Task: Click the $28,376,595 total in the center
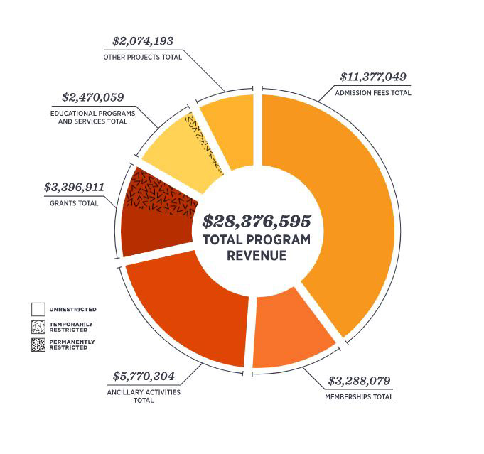tap(257, 221)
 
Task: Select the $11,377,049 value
tap(372, 77)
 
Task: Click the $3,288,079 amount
tap(359, 381)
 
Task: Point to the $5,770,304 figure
tap(144, 376)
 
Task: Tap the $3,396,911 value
tap(74, 188)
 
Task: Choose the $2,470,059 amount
tap(93, 97)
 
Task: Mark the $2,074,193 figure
tap(143, 41)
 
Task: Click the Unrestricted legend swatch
tap(38, 310)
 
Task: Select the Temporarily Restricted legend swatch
tap(38, 327)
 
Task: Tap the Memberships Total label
tap(358, 396)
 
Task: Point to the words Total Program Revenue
tap(257, 247)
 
